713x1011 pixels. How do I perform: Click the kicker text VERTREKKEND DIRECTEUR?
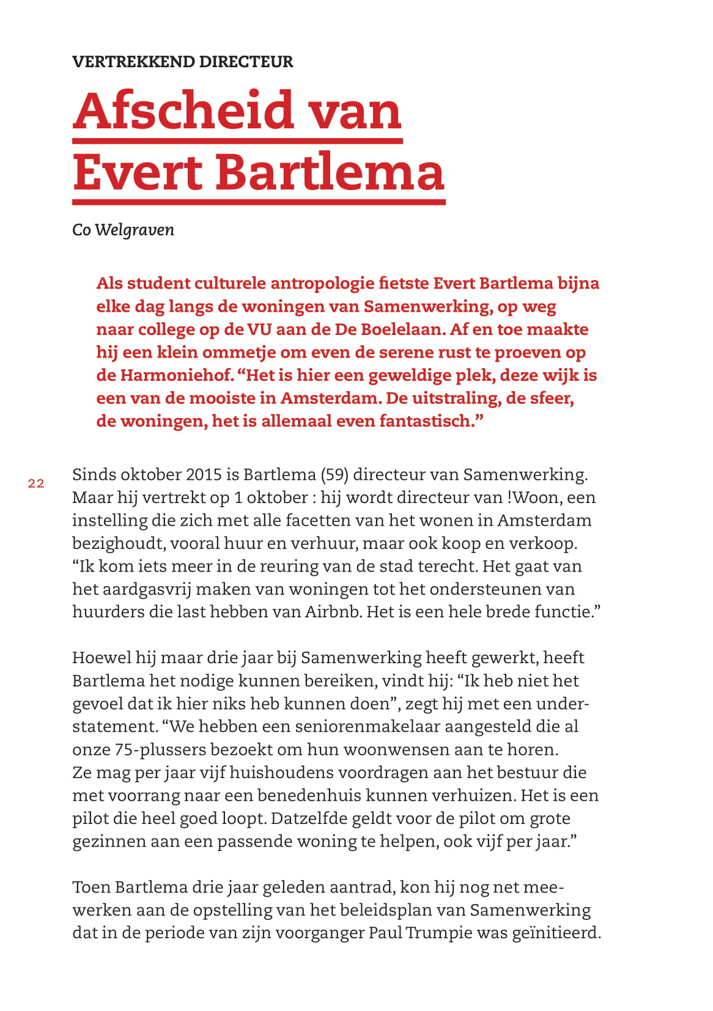coord(182,62)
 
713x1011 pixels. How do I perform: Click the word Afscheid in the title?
coord(183,111)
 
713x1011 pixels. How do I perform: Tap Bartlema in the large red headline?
coord(330,172)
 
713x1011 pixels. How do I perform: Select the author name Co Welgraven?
coord(123,230)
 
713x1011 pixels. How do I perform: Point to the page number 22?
coord(36,483)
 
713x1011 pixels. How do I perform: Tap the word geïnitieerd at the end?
coord(555,933)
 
